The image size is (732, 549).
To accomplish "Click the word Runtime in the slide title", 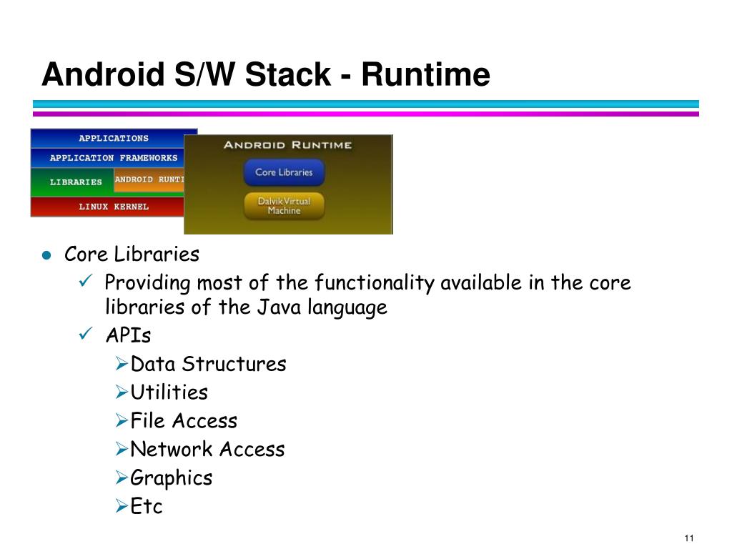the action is [425, 74].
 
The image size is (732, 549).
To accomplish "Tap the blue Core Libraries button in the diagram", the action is [284, 172].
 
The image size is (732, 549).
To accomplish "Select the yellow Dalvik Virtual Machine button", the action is [284, 206].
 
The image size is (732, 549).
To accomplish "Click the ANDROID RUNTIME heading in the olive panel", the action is [287, 144].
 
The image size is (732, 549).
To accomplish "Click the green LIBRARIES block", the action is [72, 182].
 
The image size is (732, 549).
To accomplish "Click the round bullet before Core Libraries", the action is [46, 255].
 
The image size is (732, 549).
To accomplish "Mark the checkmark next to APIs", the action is [86, 333].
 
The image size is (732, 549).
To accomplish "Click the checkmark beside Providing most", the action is [86, 280].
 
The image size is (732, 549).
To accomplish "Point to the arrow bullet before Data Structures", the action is [122, 364].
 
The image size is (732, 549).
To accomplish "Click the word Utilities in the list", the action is [169, 392].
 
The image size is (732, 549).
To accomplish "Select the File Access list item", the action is [184, 420].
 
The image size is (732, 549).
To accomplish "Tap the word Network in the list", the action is [172, 449].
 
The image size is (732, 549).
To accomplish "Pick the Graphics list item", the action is [172, 478].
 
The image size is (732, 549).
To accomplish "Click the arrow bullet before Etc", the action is [122, 506].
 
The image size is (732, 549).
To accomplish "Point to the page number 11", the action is [689, 538].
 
